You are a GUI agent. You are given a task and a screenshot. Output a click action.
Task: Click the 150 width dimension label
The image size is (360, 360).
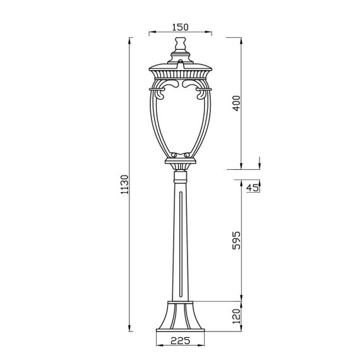coord(180,27)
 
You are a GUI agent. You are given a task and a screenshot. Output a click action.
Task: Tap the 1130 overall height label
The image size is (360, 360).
coord(125,184)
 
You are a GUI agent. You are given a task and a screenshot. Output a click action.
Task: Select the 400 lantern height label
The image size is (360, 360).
coord(236,104)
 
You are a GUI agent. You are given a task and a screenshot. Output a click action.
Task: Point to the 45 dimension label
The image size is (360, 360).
coord(253,188)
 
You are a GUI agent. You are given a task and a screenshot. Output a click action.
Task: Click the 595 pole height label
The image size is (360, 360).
coord(236,241)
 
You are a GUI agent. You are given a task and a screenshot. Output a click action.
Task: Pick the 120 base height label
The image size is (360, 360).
coord(236,316)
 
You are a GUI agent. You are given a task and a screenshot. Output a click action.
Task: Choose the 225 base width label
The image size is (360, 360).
coord(180,340)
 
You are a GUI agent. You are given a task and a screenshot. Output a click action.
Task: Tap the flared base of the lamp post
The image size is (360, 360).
coord(180,315)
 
